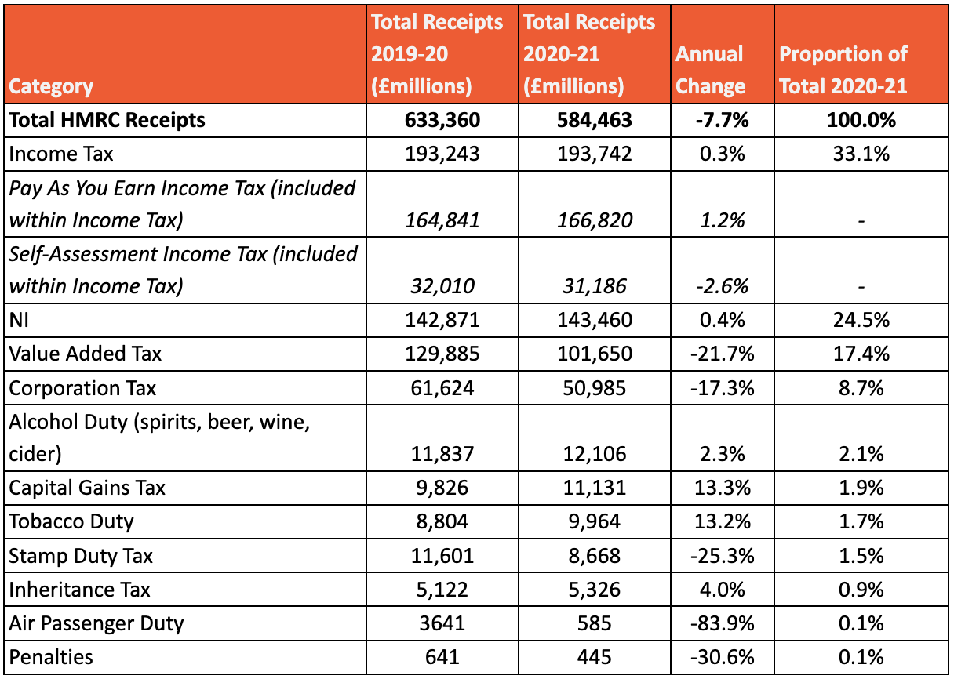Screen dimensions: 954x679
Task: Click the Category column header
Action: [51, 86]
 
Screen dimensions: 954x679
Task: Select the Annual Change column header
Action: [710, 71]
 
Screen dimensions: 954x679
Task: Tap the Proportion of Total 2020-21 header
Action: [843, 71]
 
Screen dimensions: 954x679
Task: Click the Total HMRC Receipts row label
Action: [107, 121]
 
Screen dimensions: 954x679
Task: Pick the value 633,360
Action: [442, 121]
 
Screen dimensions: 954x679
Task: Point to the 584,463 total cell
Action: [594, 121]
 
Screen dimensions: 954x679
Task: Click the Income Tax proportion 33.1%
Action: [861, 154]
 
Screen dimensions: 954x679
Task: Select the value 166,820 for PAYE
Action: [595, 220]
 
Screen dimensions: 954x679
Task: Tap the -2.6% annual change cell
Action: [723, 286]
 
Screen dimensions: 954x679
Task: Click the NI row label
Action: [19, 320]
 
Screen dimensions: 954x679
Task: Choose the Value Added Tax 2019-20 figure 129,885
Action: [442, 354]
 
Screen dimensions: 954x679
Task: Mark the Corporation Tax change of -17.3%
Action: [723, 388]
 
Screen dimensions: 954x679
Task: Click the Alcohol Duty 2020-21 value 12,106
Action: [595, 454]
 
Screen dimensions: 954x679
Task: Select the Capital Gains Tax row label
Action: [87, 488]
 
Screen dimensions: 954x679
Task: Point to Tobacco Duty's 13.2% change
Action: [723, 522]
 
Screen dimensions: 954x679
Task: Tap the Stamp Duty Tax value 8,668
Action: [595, 556]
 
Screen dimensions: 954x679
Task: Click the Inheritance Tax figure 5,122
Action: [442, 590]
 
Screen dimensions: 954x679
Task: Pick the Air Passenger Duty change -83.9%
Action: [723, 623]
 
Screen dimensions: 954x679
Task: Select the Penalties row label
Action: [51, 657]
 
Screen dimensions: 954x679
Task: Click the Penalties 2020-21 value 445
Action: [595, 657]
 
